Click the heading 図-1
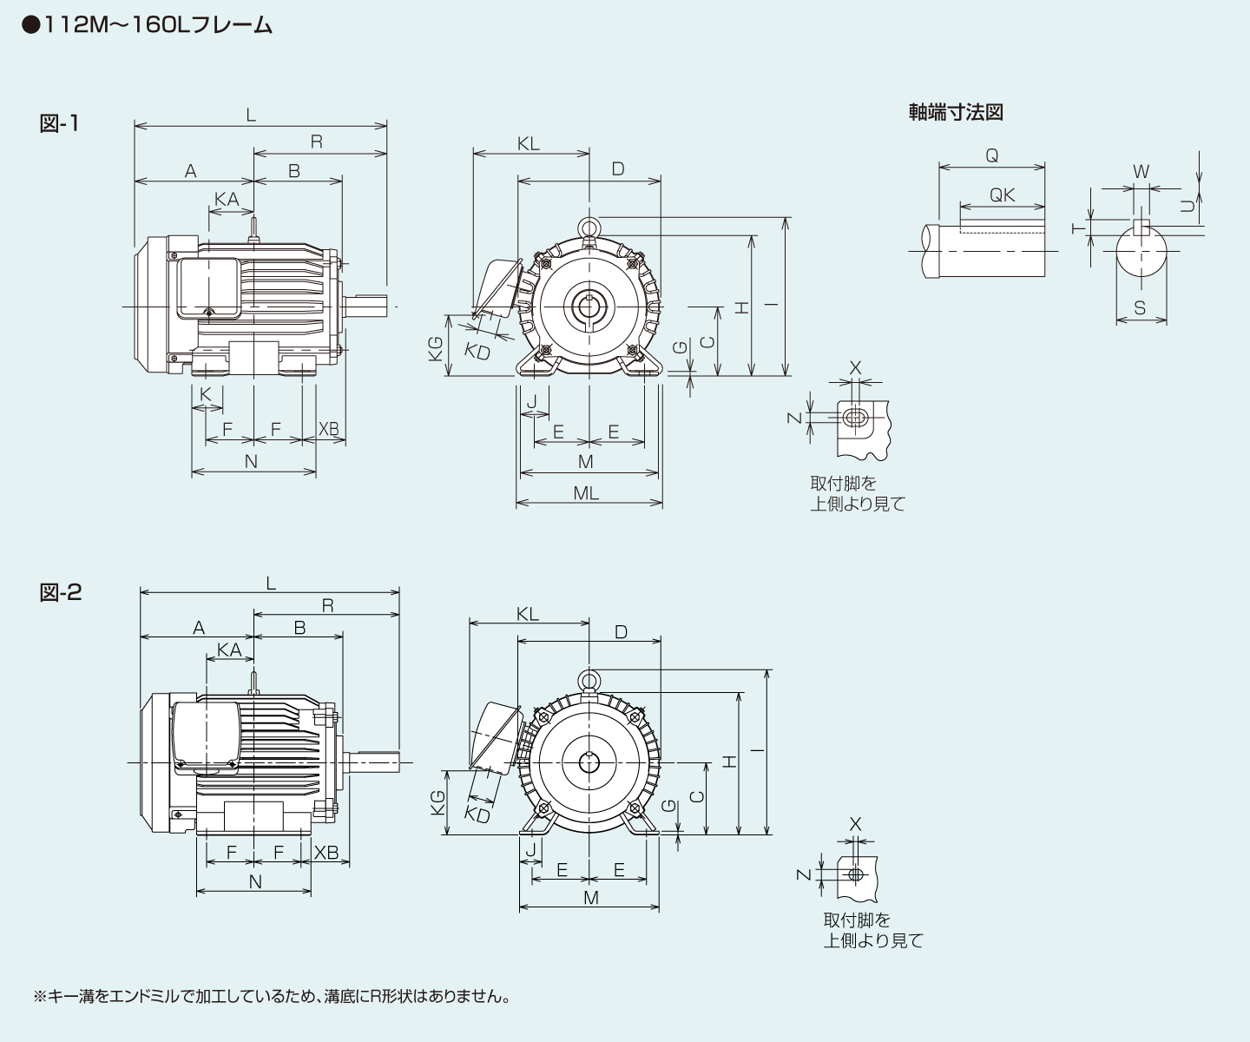pos(59,123)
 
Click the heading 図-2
pos(61,592)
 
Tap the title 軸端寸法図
pos(956,112)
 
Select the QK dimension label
pos(1002,195)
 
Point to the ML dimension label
pos(585,493)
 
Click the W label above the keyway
pos(1141,172)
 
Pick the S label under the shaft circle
pos(1140,307)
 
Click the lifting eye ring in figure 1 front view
pos(589,228)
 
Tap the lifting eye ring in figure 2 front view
pos(589,681)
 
